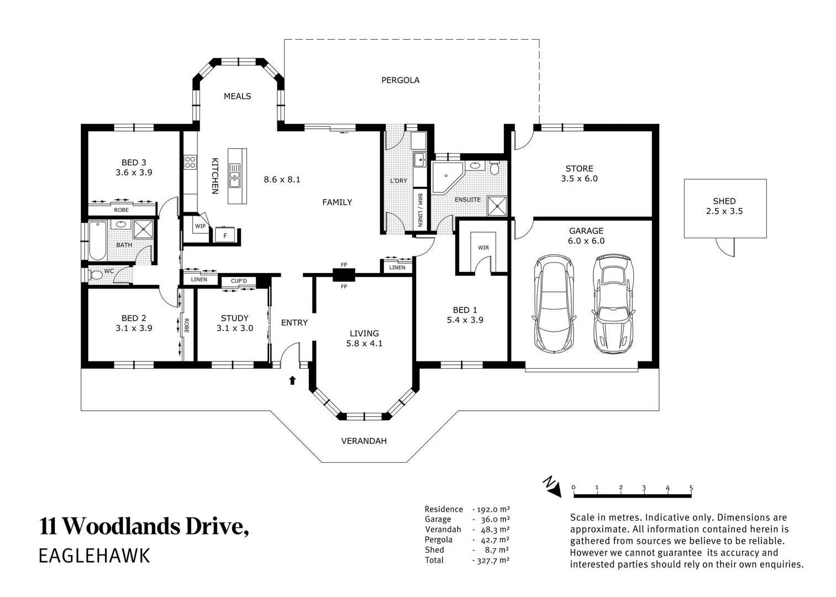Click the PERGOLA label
400,80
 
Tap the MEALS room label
238,96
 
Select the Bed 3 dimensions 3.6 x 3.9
134,172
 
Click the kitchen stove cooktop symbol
190,163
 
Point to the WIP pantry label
200,226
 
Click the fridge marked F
225,235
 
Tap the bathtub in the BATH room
98,240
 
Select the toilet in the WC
96,275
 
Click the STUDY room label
234,318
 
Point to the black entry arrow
292,380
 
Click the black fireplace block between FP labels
344,275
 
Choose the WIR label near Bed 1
483,248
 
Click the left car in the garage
553,303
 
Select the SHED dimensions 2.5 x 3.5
724,211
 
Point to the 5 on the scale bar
691,488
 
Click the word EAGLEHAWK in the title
94,556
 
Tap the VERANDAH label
364,441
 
